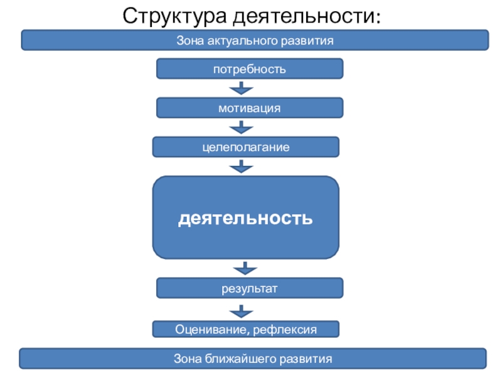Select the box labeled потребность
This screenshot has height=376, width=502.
coord(250,69)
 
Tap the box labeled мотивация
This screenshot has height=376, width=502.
coord(250,108)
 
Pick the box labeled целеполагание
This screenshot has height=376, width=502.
coord(246,147)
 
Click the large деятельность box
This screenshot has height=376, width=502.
coord(246,217)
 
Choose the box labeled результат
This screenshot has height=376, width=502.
coord(250,288)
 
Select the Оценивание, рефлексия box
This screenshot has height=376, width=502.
coord(246,329)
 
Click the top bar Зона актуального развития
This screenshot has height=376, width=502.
coord(255,40)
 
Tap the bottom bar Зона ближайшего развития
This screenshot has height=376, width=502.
coord(252,359)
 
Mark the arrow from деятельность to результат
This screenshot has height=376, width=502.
coord(244,269)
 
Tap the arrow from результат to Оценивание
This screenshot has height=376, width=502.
coord(242,310)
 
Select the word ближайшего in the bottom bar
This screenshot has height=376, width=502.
coord(240,359)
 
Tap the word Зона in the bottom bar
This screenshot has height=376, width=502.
coord(186,359)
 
